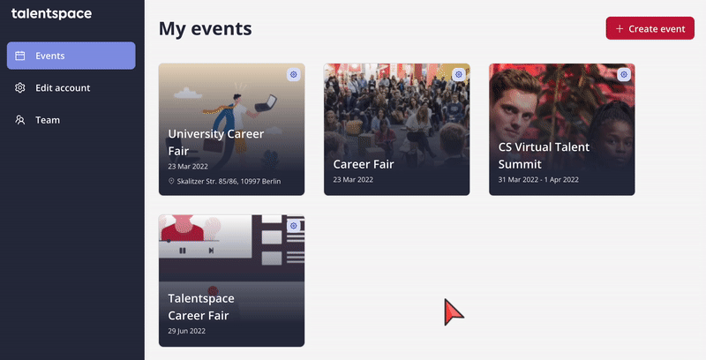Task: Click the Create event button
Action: click(650, 28)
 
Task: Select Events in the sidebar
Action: click(71, 56)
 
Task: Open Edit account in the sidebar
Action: click(63, 87)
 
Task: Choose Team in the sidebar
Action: click(48, 120)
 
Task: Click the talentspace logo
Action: click(51, 14)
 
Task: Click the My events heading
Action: click(206, 29)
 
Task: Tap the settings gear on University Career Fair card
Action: click(294, 74)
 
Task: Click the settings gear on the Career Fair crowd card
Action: click(458, 74)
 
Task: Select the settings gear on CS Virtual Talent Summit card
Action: click(624, 74)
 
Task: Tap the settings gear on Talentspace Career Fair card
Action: click(294, 226)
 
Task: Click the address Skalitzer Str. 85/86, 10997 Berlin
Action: click(229, 182)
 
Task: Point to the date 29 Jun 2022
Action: click(186, 331)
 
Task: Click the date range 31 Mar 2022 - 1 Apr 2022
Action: click(538, 179)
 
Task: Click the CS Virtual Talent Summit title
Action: click(544, 155)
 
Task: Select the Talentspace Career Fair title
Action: click(201, 307)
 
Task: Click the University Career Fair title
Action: click(215, 142)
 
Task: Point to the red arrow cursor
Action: click(453, 311)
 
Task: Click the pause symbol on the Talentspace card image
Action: click(183, 251)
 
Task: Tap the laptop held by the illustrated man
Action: click(266, 103)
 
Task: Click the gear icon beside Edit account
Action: click(19, 87)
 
